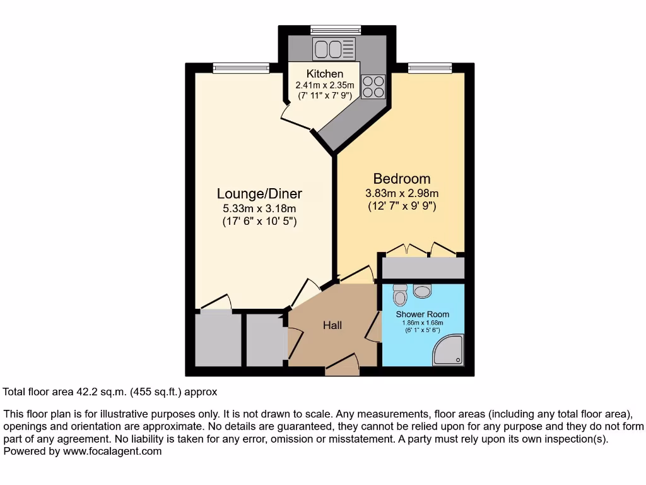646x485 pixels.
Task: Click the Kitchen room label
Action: [325, 74]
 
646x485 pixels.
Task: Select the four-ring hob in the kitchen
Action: [373, 87]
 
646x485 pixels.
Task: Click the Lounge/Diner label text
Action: [259, 194]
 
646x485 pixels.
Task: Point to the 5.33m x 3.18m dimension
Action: [259, 208]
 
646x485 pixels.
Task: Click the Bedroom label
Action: [402, 179]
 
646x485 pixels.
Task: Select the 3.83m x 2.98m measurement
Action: [402, 193]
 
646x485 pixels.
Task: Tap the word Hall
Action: [332, 325]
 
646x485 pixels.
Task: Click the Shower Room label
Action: [423, 314]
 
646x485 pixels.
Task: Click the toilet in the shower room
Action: [400, 294]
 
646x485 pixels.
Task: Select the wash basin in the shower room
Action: [423, 290]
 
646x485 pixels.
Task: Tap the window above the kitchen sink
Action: [335, 28]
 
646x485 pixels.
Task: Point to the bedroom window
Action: [430, 67]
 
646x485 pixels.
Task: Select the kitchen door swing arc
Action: [291, 117]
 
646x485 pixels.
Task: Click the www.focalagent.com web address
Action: [111, 452]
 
